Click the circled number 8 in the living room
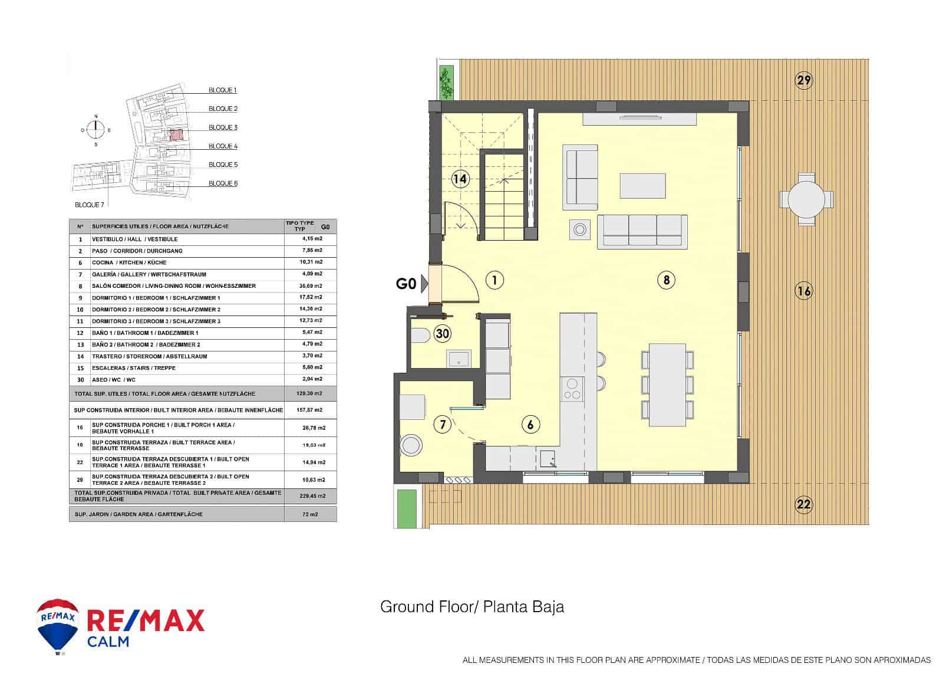pos(666,280)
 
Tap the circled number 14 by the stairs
pos(460,179)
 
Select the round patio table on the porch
pos(806,199)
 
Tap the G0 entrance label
pos(405,284)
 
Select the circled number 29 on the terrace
pos(804,80)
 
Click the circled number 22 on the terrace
pos(804,504)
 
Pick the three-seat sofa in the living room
pos(642,230)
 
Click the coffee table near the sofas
pos(642,186)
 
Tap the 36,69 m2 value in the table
pos(311,285)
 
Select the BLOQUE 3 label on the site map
pos(223,127)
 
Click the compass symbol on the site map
pos(96,130)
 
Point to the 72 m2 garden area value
pos(311,514)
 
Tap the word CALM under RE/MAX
pos(108,642)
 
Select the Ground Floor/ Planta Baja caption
pos(472,607)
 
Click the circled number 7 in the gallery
pos(441,423)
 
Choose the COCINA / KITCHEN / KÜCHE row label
pos(129,262)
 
